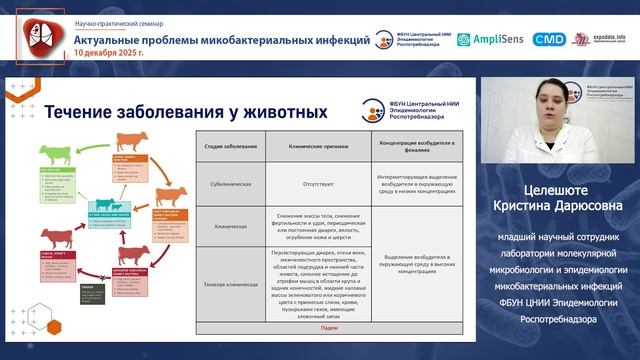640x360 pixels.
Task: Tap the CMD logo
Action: tap(548, 39)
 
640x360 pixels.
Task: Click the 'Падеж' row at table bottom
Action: tap(330, 327)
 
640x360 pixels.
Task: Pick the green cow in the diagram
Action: tap(54, 157)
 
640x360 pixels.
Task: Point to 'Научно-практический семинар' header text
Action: tap(118, 21)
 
